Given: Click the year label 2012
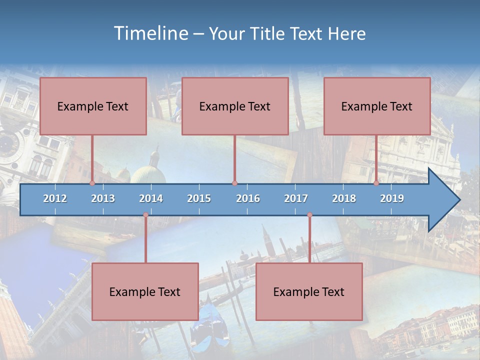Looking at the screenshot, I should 55,198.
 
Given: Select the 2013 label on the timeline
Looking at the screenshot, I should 103,198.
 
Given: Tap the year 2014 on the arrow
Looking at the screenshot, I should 151,198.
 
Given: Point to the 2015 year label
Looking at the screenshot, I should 199,198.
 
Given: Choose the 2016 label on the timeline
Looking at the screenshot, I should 248,198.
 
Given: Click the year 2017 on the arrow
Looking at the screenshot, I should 296,198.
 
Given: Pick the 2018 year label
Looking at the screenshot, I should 344,198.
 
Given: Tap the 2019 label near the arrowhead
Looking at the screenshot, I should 392,198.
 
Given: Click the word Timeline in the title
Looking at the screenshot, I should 150,33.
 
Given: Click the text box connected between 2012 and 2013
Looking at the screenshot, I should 93,106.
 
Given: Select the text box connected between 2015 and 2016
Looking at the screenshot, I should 235,106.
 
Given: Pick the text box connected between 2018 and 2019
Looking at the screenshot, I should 377,106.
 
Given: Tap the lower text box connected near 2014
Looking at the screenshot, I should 145,291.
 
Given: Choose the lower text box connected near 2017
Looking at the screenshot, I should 309,291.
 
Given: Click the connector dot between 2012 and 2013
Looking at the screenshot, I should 92,183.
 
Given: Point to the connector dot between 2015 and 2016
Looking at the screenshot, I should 235,183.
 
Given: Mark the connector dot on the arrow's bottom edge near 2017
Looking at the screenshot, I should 309,215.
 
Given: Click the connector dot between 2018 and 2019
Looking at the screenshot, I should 376,183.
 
